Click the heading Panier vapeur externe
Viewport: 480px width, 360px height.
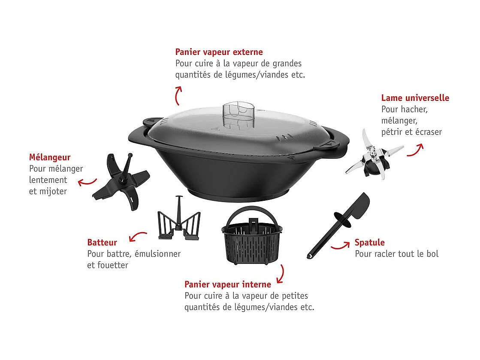tap(219, 52)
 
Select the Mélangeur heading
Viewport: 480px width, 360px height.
tap(50, 157)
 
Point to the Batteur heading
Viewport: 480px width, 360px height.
tap(102, 242)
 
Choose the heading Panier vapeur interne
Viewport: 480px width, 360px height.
tap(228, 284)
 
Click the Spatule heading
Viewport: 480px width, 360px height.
tap(370, 242)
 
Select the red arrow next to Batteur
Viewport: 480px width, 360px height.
tap(138, 237)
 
